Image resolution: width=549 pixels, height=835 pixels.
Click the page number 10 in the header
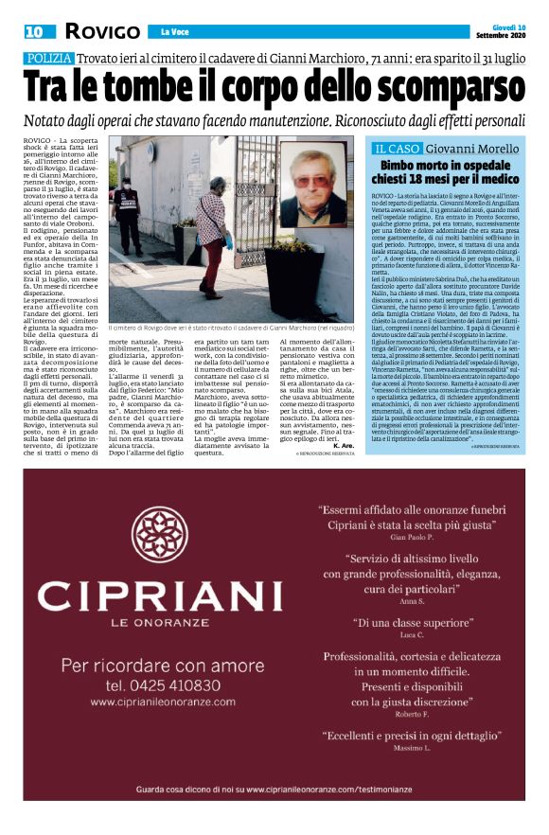coord(35,32)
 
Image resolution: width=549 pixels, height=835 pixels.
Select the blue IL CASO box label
coord(397,149)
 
